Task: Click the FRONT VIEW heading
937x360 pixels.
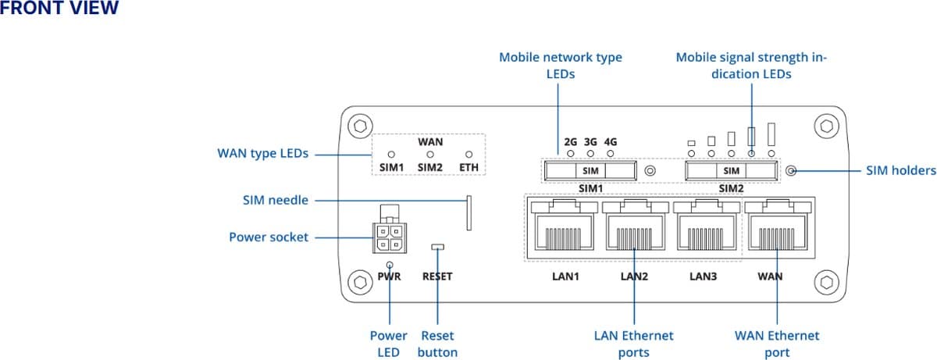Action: (60, 9)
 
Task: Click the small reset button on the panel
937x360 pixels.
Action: (437, 248)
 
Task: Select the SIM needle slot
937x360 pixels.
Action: (469, 213)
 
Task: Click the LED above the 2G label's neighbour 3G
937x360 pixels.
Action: (590, 154)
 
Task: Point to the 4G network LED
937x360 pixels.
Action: (611, 154)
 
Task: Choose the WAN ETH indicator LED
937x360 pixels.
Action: (469, 155)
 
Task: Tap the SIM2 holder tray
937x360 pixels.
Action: (731, 170)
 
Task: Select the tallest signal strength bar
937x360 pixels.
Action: (771, 134)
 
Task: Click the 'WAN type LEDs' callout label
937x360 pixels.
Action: (262, 154)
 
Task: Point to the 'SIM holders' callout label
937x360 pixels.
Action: (900, 170)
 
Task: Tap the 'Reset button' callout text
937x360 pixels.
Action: (437, 344)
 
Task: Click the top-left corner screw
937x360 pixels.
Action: (359, 126)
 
